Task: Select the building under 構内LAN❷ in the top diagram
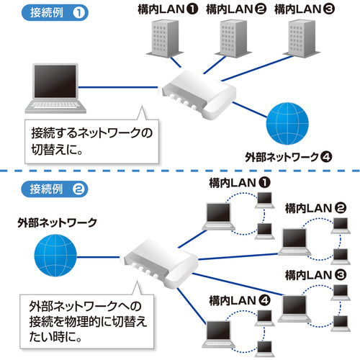pyautogui.click(x=232, y=39)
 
